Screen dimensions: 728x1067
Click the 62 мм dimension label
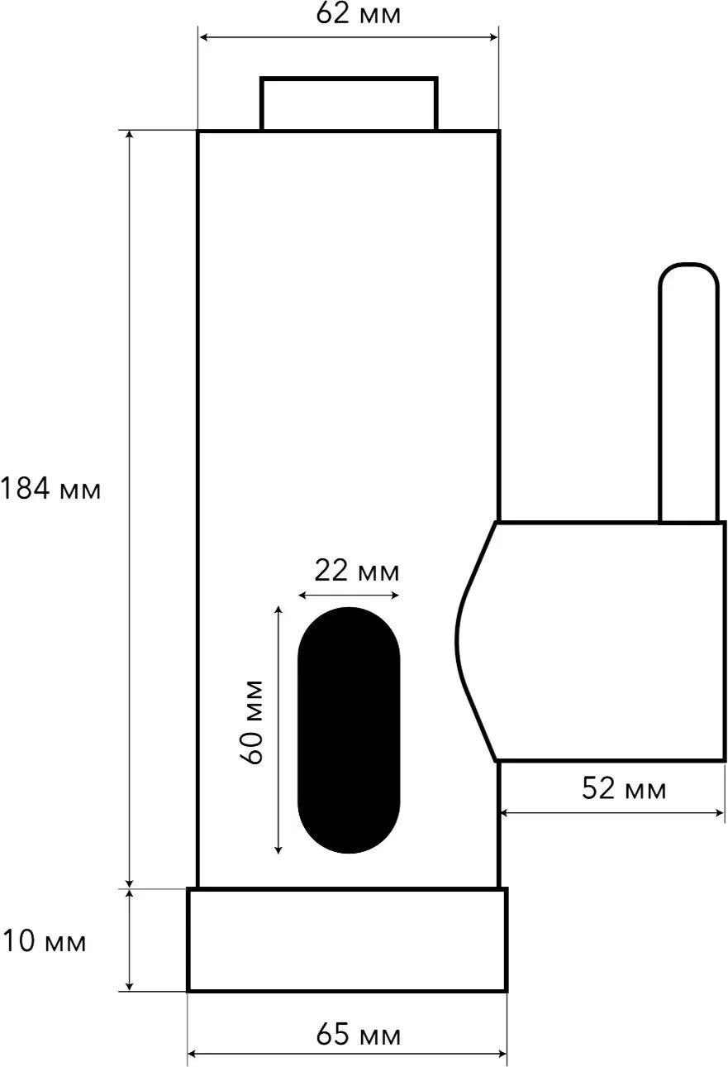[x=359, y=14]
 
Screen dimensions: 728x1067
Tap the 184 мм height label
[x=50, y=489]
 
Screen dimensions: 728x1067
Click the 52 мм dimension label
[x=624, y=788]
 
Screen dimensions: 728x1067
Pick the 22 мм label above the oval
[x=357, y=570]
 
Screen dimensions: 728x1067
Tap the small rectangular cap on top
[x=349, y=103]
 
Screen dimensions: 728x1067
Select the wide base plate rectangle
[x=347, y=940]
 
